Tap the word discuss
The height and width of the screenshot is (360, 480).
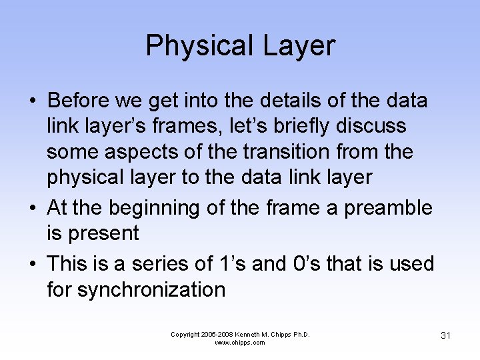(x=379, y=126)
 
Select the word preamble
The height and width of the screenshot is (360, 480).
(x=387, y=208)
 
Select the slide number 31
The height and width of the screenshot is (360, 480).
(x=445, y=335)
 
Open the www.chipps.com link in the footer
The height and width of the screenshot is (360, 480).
(x=240, y=343)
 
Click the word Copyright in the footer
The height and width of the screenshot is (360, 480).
(x=188, y=335)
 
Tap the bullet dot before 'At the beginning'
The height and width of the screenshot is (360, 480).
(x=33, y=208)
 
